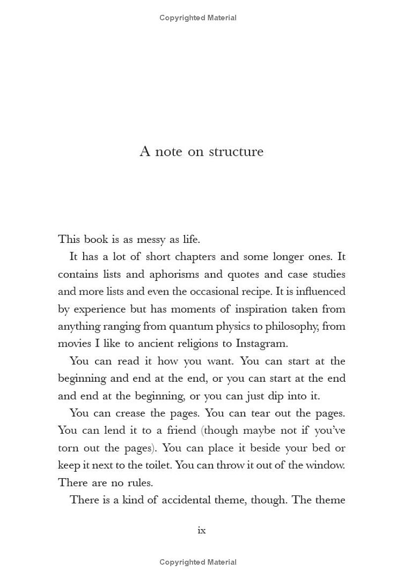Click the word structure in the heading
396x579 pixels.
click(236, 151)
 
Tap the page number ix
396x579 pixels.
click(201, 530)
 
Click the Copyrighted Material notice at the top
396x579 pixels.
click(198, 18)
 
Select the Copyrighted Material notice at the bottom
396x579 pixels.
click(198, 562)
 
